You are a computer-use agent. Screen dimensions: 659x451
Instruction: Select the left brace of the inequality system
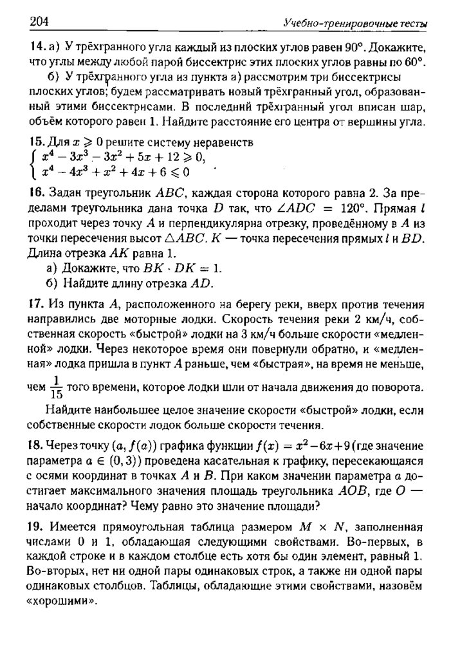[33, 165]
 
